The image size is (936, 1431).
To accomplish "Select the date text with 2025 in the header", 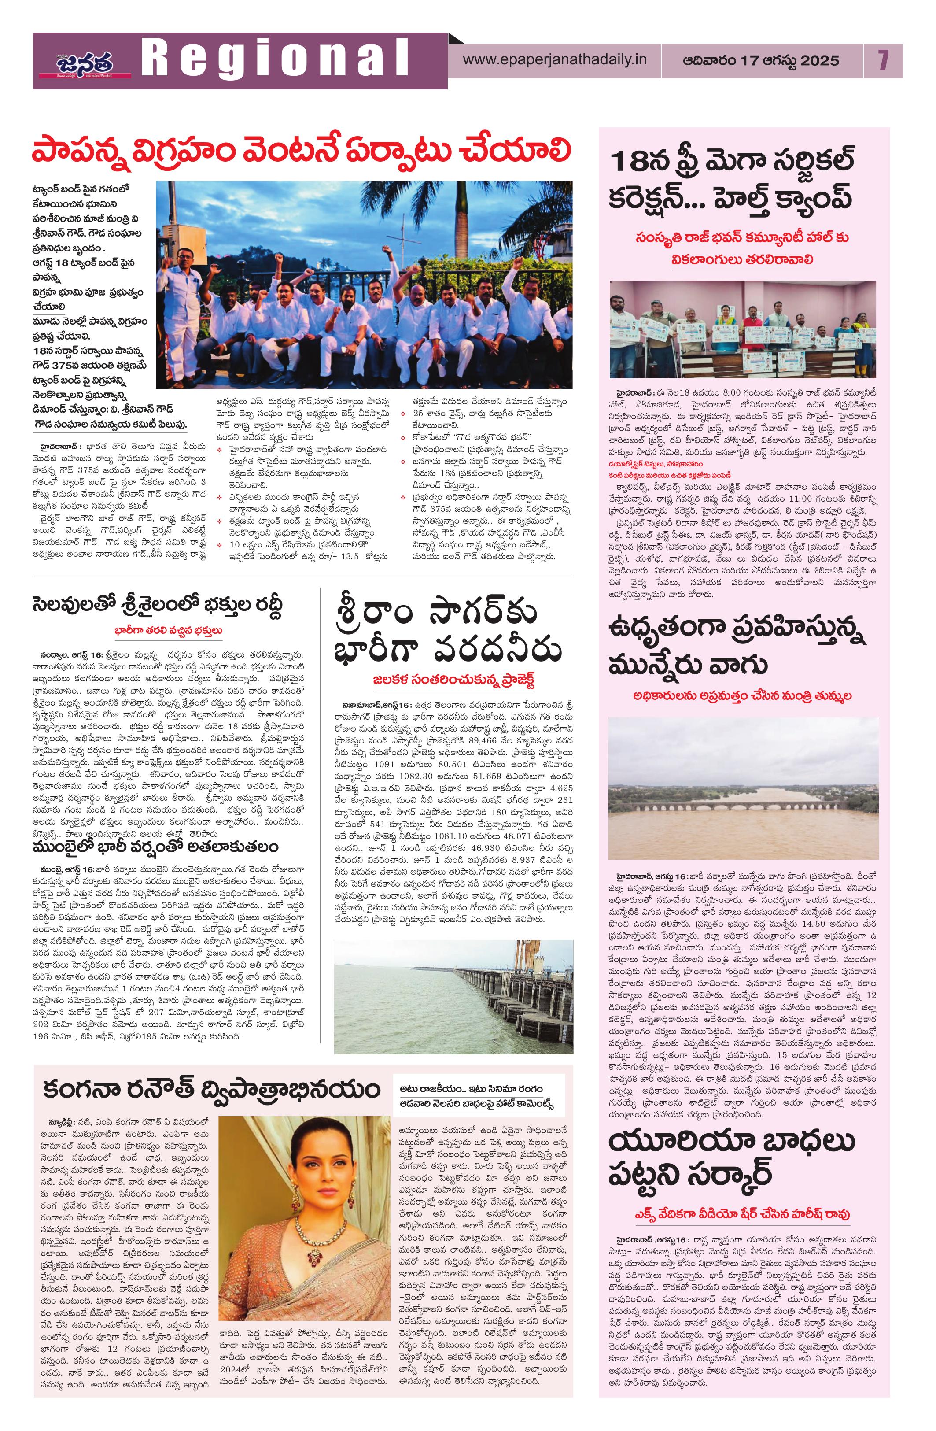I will point(760,61).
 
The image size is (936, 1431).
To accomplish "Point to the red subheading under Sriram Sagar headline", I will point(453,680).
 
